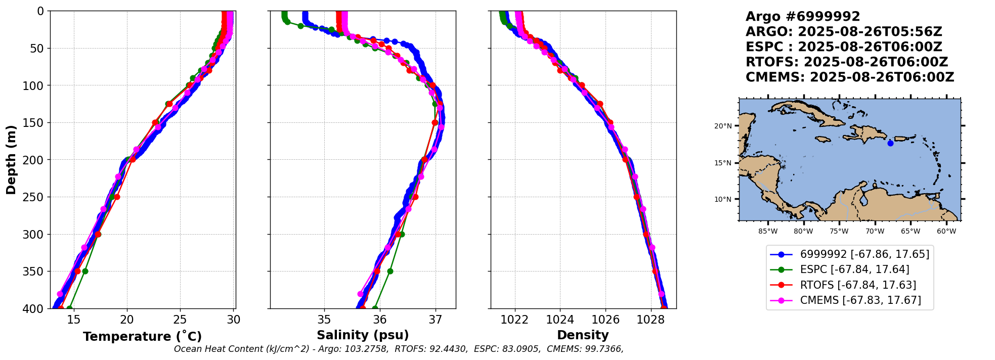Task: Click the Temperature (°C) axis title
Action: (142, 336)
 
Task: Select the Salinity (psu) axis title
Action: (363, 335)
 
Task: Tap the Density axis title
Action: (583, 335)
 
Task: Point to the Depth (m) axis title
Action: (11, 159)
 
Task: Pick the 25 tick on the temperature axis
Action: (180, 320)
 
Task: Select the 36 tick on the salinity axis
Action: (379, 320)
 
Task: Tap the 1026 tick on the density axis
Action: (605, 320)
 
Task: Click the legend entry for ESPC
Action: (854, 269)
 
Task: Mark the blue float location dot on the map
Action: (890, 143)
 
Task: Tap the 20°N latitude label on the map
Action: (723, 126)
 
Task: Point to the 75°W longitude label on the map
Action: (839, 232)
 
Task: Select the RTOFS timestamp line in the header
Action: (847, 62)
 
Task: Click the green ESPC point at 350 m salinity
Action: (390, 271)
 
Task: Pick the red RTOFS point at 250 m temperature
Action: (117, 197)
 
